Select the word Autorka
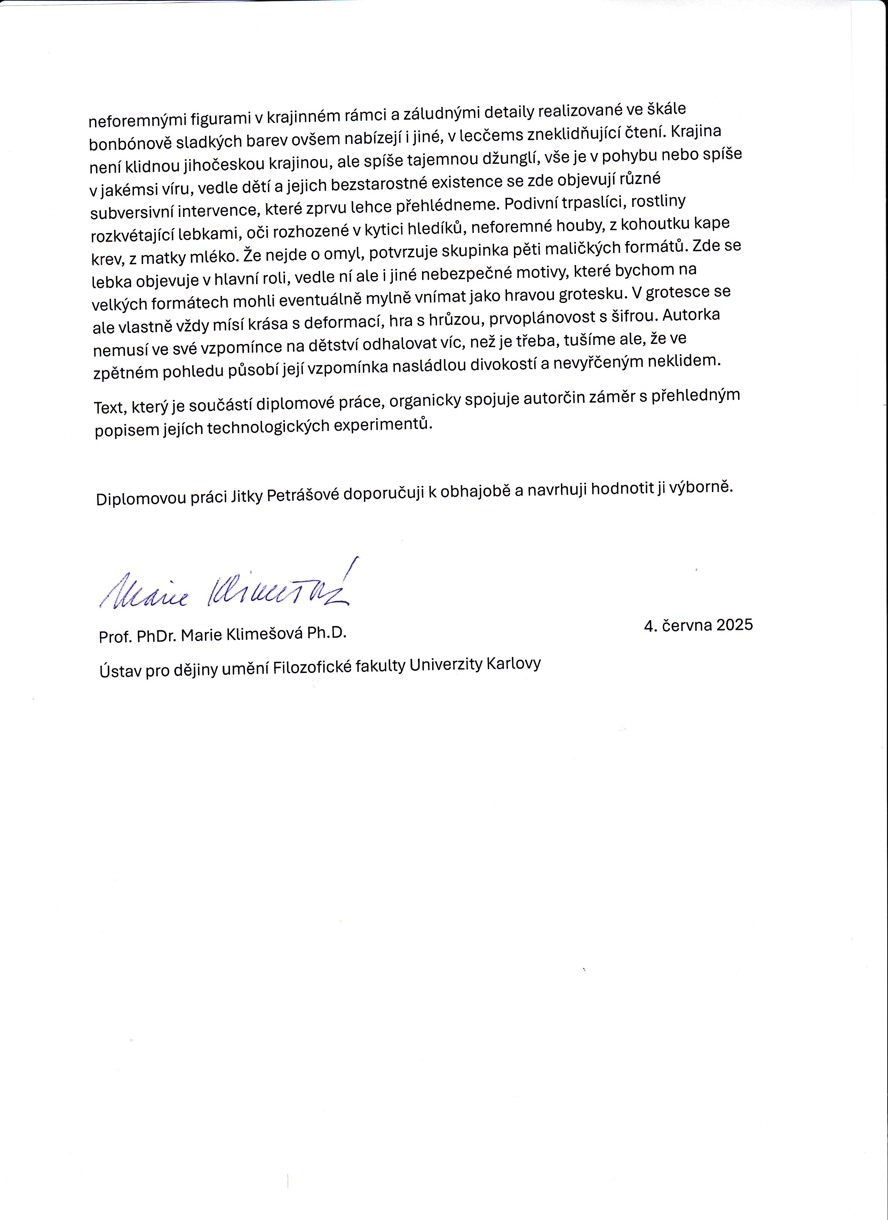(691, 315)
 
